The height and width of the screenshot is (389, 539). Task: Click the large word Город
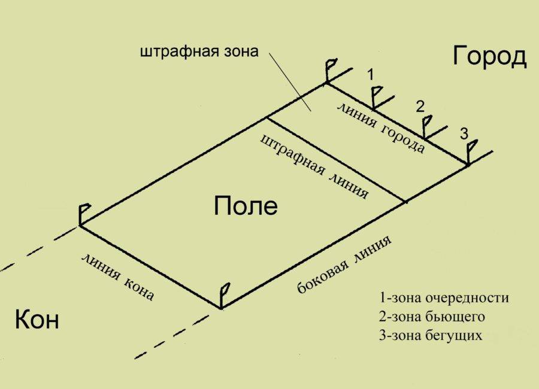click(489, 57)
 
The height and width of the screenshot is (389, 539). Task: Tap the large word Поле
click(246, 205)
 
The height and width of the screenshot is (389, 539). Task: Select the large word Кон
click(37, 319)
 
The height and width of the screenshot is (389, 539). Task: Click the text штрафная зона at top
click(199, 51)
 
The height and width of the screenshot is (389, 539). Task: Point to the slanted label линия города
click(381, 128)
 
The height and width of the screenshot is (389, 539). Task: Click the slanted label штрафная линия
click(314, 167)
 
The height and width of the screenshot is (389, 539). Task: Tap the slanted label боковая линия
click(343, 265)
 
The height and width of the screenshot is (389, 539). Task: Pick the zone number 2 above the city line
click(420, 107)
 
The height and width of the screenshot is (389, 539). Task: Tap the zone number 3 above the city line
click(464, 133)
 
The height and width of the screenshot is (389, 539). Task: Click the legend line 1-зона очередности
click(444, 297)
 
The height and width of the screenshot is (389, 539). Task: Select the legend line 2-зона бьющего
click(432, 317)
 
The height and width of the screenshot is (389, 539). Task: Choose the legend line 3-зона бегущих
click(431, 335)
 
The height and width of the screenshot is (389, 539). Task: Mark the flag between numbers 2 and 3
click(426, 126)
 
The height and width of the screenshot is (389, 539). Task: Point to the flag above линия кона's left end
click(84, 214)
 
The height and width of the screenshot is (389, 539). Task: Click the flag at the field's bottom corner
click(225, 295)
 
